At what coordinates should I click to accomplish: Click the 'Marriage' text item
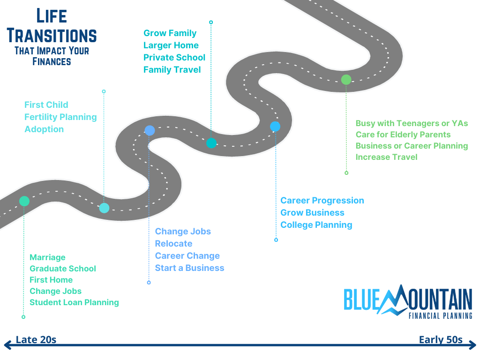point(47,257)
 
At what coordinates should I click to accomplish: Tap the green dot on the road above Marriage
point(24,201)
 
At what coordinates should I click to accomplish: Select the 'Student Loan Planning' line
point(74,302)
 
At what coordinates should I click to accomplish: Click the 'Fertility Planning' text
point(60,117)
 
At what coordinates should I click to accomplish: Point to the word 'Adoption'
point(44,129)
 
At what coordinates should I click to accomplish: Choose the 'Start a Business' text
point(189,268)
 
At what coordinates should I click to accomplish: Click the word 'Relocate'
point(173,244)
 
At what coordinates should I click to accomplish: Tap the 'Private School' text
point(174,58)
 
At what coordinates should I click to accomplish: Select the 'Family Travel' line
point(172,70)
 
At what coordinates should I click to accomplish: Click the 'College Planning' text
point(316,225)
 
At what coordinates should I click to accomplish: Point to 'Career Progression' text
point(322,201)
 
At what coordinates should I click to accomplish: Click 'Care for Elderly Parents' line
point(403,135)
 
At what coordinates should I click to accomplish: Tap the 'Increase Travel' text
point(386,157)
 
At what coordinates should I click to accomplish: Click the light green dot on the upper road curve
point(346,80)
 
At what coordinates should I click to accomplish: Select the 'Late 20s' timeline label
point(36,340)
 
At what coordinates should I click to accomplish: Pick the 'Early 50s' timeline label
point(441,340)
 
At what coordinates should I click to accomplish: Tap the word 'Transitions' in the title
point(52,36)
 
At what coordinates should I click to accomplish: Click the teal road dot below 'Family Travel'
point(211,143)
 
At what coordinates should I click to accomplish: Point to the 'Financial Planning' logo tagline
point(440,316)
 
